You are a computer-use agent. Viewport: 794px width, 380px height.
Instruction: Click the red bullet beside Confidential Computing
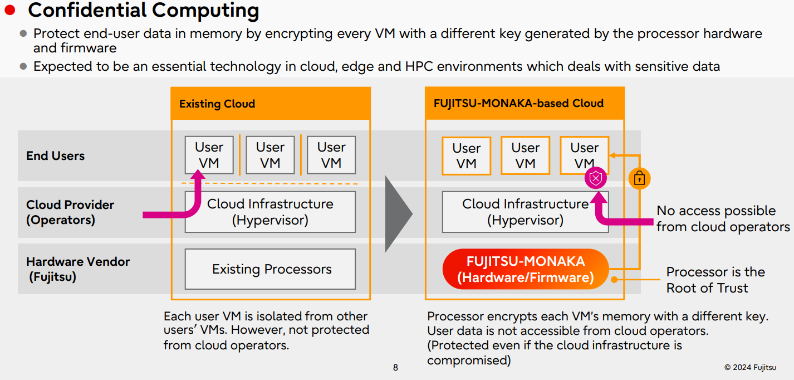coord(10,9)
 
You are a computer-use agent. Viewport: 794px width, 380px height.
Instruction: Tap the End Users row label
coord(55,156)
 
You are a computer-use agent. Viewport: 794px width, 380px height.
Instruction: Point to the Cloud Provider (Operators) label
coord(70,212)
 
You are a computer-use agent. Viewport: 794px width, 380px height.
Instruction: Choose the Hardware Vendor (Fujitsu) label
coord(77,269)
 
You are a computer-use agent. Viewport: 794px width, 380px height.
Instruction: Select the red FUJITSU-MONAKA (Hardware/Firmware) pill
coord(525,269)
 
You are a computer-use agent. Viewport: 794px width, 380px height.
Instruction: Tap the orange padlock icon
coord(639,179)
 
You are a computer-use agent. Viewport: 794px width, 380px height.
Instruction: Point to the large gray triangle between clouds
coord(398,213)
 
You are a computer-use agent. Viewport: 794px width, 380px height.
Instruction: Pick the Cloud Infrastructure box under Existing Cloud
coord(270,212)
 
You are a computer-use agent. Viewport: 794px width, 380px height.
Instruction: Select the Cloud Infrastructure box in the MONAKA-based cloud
coord(525,212)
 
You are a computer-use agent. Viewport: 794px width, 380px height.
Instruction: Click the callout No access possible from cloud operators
coord(722,218)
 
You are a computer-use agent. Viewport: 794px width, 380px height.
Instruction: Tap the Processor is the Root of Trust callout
coord(715,280)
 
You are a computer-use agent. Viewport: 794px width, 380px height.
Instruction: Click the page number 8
coord(395,368)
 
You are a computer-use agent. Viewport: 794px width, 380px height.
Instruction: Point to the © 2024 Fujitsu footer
coord(750,367)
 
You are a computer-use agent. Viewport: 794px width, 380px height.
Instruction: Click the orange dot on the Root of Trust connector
coord(615,279)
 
